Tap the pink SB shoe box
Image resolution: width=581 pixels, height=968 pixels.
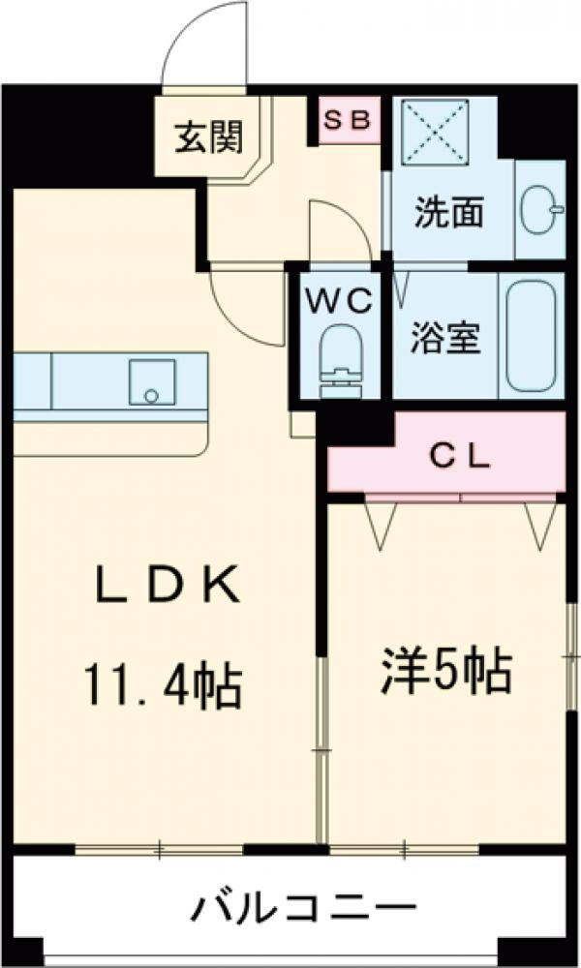click(349, 120)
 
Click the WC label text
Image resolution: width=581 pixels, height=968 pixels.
click(339, 301)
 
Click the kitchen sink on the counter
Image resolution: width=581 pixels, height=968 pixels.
click(152, 382)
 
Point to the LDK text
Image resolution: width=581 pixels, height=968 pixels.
click(168, 588)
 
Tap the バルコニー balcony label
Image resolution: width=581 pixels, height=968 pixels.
click(303, 911)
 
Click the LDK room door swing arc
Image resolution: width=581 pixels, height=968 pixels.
click(242, 310)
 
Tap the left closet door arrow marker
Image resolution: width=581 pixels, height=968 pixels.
click(379, 524)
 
